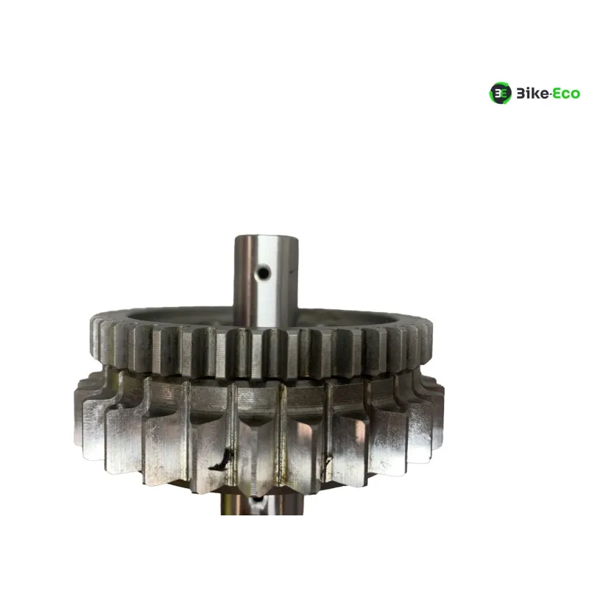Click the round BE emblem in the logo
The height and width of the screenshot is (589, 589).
coord(500,93)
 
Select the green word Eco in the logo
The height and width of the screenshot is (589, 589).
coord(565,94)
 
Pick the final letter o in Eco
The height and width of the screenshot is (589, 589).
coord(576,95)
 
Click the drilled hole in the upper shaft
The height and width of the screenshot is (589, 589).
coord(264,272)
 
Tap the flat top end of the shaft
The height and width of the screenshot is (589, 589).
coord(267,237)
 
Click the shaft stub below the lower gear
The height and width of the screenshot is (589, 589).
coord(262,504)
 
